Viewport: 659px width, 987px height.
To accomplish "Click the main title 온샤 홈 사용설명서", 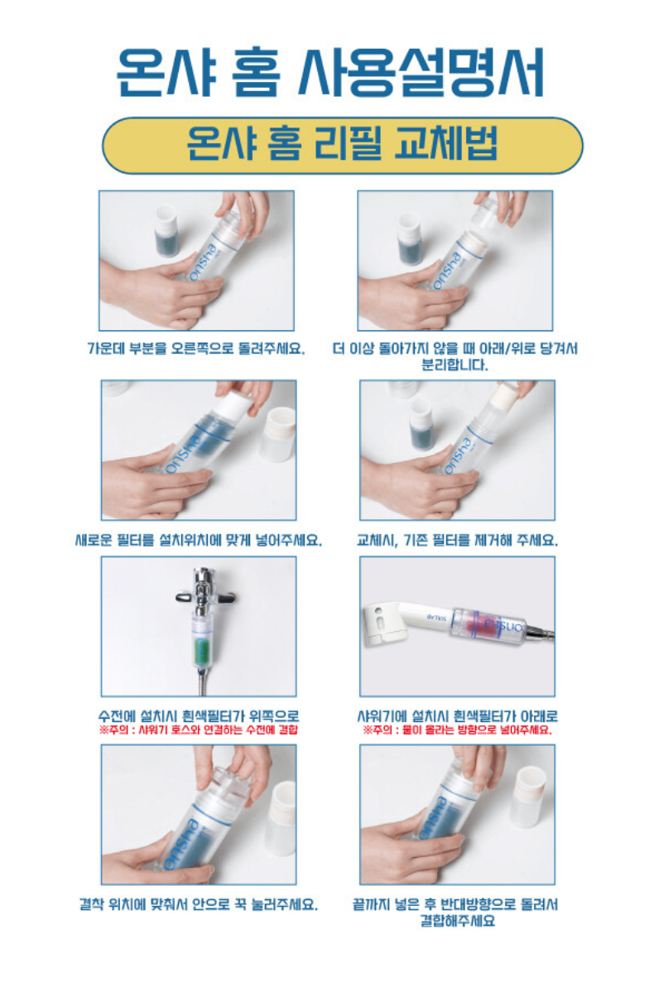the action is [x=329, y=71].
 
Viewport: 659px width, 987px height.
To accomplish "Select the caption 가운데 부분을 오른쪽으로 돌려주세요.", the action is [x=196, y=348].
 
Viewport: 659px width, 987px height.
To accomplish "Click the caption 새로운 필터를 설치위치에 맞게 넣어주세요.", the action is [x=198, y=539].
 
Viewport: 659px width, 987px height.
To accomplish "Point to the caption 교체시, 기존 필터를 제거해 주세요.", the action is [x=457, y=539].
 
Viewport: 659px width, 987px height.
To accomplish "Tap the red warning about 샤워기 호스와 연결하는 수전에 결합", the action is [x=199, y=730].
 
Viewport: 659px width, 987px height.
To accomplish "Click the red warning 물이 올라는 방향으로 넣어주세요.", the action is [x=457, y=730].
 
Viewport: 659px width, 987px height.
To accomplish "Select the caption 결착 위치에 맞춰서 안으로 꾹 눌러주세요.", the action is [x=198, y=904].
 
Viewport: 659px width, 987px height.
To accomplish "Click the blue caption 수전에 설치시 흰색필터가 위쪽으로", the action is [x=199, y=715].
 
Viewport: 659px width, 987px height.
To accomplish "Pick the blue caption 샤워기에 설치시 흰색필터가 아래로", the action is [x=458, y=715].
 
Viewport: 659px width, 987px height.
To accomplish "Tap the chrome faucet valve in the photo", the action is [x=201, y=592].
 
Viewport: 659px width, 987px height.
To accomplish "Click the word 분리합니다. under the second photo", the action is [x=455, y=364].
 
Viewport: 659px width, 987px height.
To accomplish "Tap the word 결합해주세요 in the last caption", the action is [x=458, y=920].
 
